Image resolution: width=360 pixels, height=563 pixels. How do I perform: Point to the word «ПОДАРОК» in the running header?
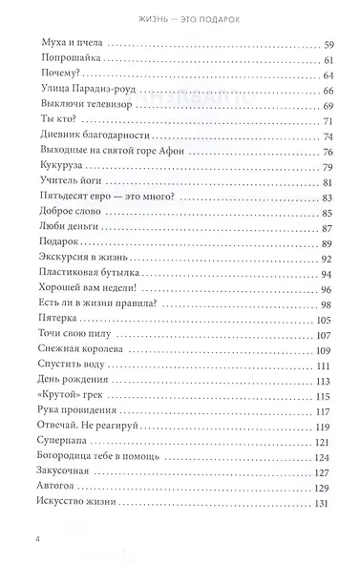225,13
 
